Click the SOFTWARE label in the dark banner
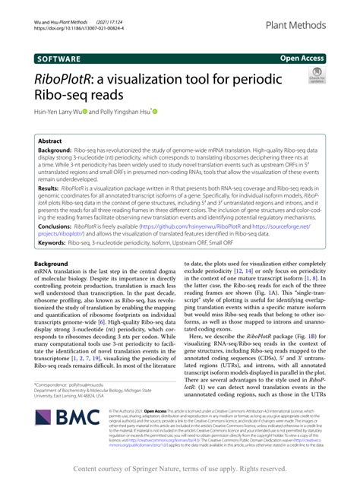pyautogui.click(x=62, y=57)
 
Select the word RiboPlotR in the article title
pyautogui.click(x=69, y=81)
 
